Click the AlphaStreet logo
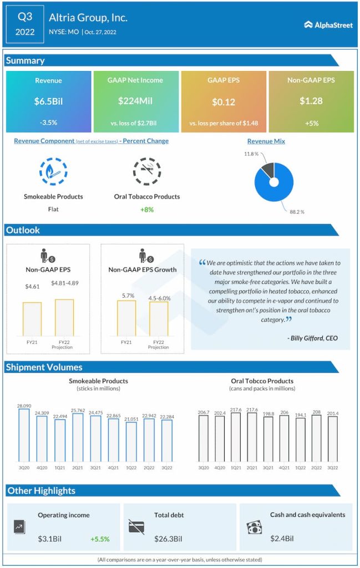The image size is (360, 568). [x=328, y=24]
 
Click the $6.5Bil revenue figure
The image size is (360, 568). [x=48, y=102]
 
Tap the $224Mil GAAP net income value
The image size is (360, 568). [x=135, y=101]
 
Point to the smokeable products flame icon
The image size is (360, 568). [x=53, y=171]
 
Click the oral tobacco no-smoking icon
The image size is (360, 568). [x=146, y=171]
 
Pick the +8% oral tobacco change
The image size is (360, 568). [x=146, y=209]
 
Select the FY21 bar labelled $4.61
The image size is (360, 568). [x=32, y=319]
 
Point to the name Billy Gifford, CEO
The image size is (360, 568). [x=313, y=338]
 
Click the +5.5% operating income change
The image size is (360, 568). [x=100, y=539]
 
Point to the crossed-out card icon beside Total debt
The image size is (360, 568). [x=136, y=527]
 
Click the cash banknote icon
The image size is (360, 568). [x=253, y=527]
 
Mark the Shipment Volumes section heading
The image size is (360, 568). [x=44, y=367]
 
